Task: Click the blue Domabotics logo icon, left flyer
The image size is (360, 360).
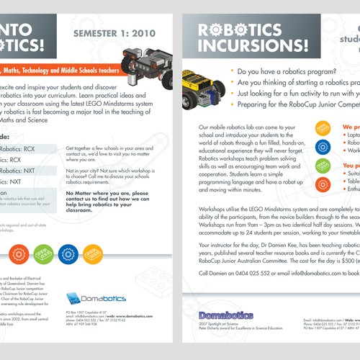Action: [73, 298]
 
